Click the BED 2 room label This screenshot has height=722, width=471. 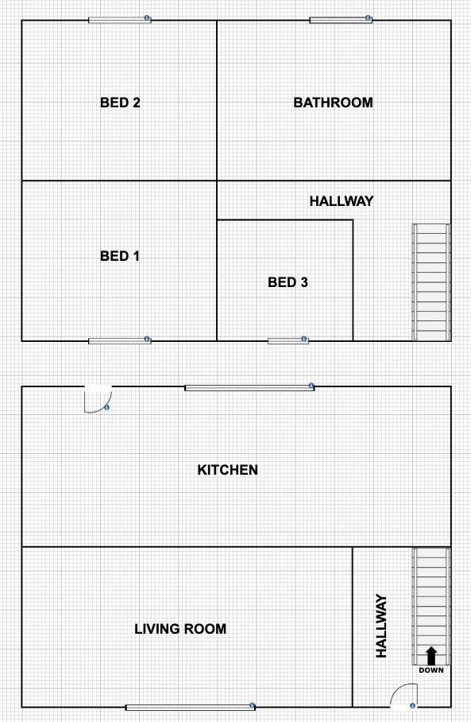(120, 103)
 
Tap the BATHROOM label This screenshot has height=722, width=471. (333, 103)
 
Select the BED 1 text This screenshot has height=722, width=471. (120, 256)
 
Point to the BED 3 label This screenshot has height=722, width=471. (288, 282)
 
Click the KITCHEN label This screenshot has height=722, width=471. (228, 470)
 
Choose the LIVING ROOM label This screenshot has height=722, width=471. (180, 629)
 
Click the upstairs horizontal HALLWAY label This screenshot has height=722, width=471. (342, 201)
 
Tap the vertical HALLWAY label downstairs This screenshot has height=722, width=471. (381, 626)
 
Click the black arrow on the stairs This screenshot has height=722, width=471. (431, 656)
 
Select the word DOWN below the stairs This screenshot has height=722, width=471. (431, 670)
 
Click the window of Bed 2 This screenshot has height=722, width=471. (120, 20)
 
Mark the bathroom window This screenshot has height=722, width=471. (341, 20)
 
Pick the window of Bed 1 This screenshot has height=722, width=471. (120, 341)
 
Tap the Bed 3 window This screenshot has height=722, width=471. (288, 341)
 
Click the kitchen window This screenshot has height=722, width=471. (249, 388)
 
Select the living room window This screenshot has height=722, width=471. (191, 707)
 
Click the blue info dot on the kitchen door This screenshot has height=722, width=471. (106, 407)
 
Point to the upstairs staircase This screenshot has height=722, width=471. (431, 282)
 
